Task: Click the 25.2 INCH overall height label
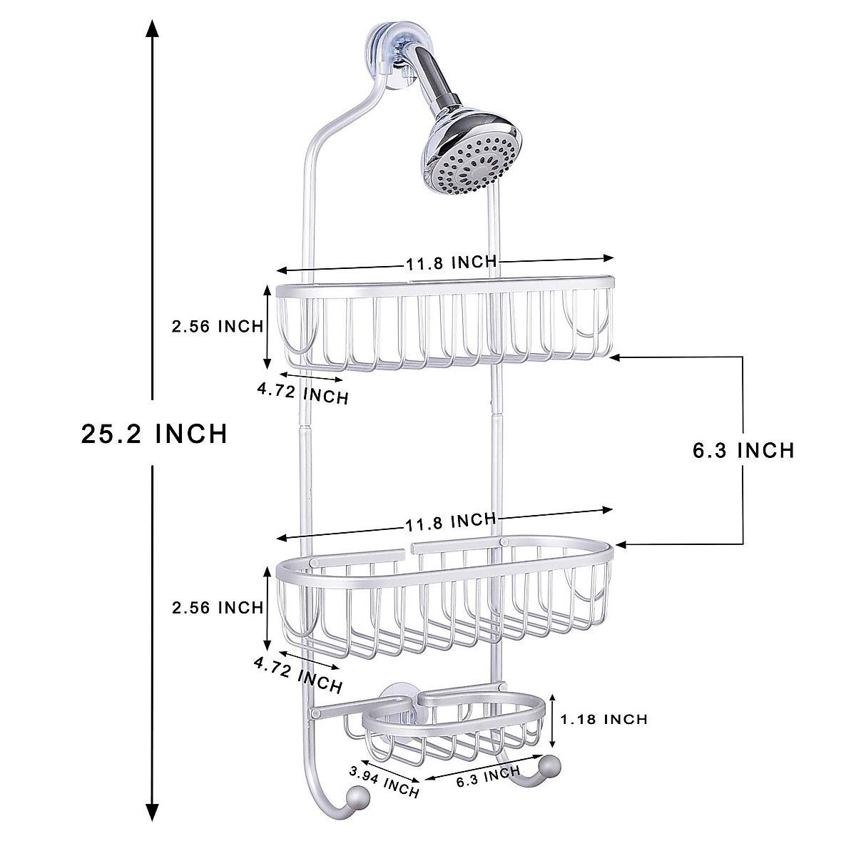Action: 154,433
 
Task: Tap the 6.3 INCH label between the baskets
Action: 743,450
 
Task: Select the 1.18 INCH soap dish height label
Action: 604,718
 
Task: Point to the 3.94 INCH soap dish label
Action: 384,782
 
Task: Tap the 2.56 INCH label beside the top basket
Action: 217,327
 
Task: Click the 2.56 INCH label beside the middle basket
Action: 217,608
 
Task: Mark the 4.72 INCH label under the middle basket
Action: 297,674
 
